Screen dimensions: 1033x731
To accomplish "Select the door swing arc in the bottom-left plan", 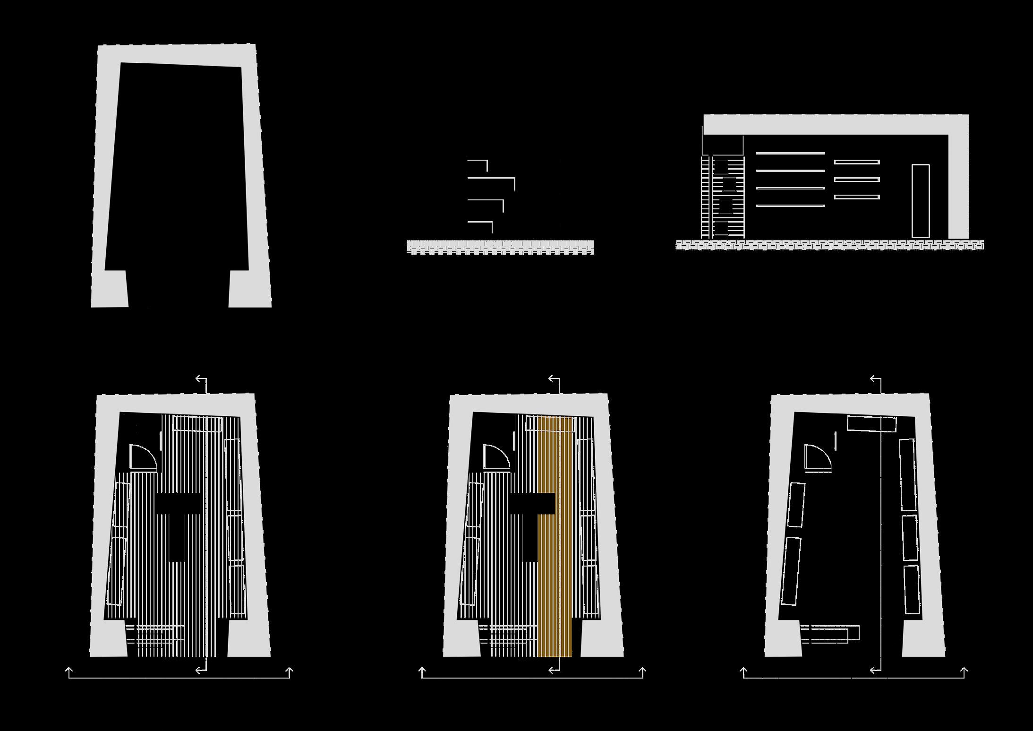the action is [144, 457].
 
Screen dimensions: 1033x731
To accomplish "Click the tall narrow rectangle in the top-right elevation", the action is [921, 201].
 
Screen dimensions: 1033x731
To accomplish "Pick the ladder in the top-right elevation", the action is [723, 198].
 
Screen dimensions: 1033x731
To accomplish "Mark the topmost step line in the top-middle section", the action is [477, 161].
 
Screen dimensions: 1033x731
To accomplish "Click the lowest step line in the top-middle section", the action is [479, 222].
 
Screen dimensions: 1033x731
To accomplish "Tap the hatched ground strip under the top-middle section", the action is [500, 247].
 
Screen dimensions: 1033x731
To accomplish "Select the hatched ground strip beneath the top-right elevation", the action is [830, 245].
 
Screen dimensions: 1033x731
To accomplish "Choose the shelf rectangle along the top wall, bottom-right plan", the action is [871, 423].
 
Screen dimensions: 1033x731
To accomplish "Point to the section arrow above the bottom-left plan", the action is [201, 379].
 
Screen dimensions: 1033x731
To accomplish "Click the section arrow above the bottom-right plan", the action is [875, 379].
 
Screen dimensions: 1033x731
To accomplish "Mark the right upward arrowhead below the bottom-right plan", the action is [964, 671].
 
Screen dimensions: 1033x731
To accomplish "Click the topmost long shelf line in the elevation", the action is [790, 153].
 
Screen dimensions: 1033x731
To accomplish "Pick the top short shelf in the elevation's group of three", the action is [856, 162].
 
